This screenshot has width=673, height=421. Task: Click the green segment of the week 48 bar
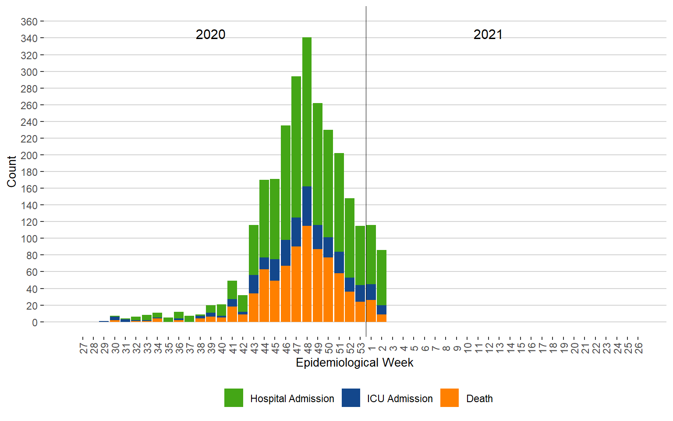point(307,112)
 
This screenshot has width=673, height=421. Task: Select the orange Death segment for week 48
point(307,274)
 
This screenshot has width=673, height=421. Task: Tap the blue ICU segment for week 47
point(296,232)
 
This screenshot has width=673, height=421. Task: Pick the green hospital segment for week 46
point(286,182)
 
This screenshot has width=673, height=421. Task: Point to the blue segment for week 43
point(254,284)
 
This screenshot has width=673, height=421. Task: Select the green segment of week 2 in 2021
point(382,278)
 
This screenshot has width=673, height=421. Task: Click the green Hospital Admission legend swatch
point(234,398)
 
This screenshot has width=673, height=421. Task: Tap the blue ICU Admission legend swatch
point(351,398)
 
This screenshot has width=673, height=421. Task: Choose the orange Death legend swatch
point(450,398)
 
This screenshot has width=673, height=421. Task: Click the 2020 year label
point(210,34)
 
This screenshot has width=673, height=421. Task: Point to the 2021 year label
point(488,34)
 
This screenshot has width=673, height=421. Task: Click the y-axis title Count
point(11,171)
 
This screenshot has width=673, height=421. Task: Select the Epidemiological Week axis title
point(354,363)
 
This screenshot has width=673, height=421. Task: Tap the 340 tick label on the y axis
point(29,39)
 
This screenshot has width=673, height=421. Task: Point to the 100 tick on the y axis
point(29,239)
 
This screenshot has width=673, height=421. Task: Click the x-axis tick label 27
point(83,348)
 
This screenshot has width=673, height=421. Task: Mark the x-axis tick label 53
point(361,348)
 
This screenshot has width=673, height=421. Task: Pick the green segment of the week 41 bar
point(232,290)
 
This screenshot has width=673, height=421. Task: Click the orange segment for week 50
point(328,289)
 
